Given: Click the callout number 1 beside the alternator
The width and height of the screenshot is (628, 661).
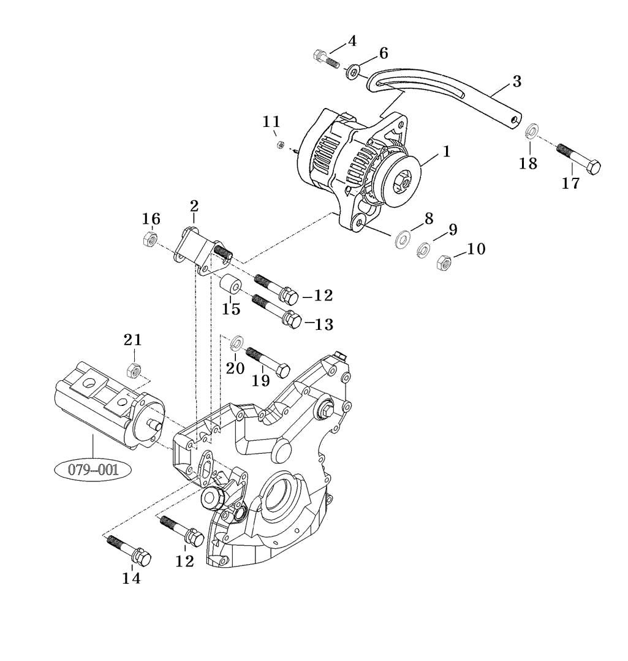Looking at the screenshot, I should (x=447, y=151).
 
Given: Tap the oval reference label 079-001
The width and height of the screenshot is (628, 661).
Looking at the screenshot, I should (x=94, y=470).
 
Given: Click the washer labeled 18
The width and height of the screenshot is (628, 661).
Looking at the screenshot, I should (x=531, y=130).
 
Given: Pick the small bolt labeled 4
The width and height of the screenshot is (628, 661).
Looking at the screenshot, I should (x=325, y=59).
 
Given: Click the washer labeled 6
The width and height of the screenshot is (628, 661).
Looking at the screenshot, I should (x=354, y=73).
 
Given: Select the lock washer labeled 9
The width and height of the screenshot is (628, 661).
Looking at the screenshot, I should (x=423, y=250).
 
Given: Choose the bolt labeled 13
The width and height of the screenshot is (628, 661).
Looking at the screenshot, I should (x=276, y=310).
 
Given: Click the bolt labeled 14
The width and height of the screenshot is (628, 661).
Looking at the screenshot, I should (x=130, y=550).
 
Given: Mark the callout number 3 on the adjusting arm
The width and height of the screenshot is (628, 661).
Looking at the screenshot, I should (x=516, y=80).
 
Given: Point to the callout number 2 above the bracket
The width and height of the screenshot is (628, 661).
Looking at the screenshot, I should (x=194, y=205).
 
